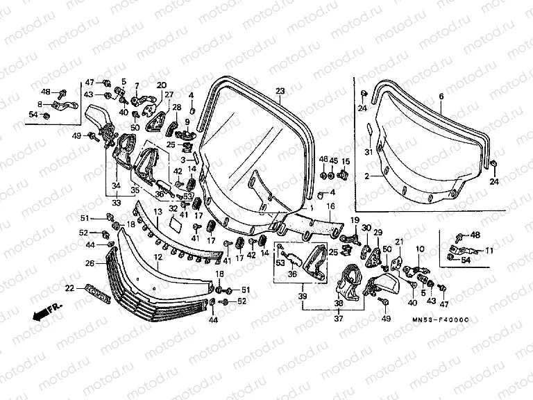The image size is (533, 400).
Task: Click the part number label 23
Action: pyautogui.click(x=280, y=91)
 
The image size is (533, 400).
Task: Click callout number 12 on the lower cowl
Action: pyautogui.click(x=158, y=256)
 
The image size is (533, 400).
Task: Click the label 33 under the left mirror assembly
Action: pyautogui.click(x=116, y=202)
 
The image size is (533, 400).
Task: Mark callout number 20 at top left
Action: pyautogui.click(x=161, y=85)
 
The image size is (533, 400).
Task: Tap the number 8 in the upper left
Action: pyautogui.click(x=40, y=104)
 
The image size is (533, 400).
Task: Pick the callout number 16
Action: pyautogui.click(x=330, y=206)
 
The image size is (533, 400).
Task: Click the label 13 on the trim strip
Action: pyautogui.click(x=158, y=211)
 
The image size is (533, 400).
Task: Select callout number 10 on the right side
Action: pyautogui.click(x=419, y=248)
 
